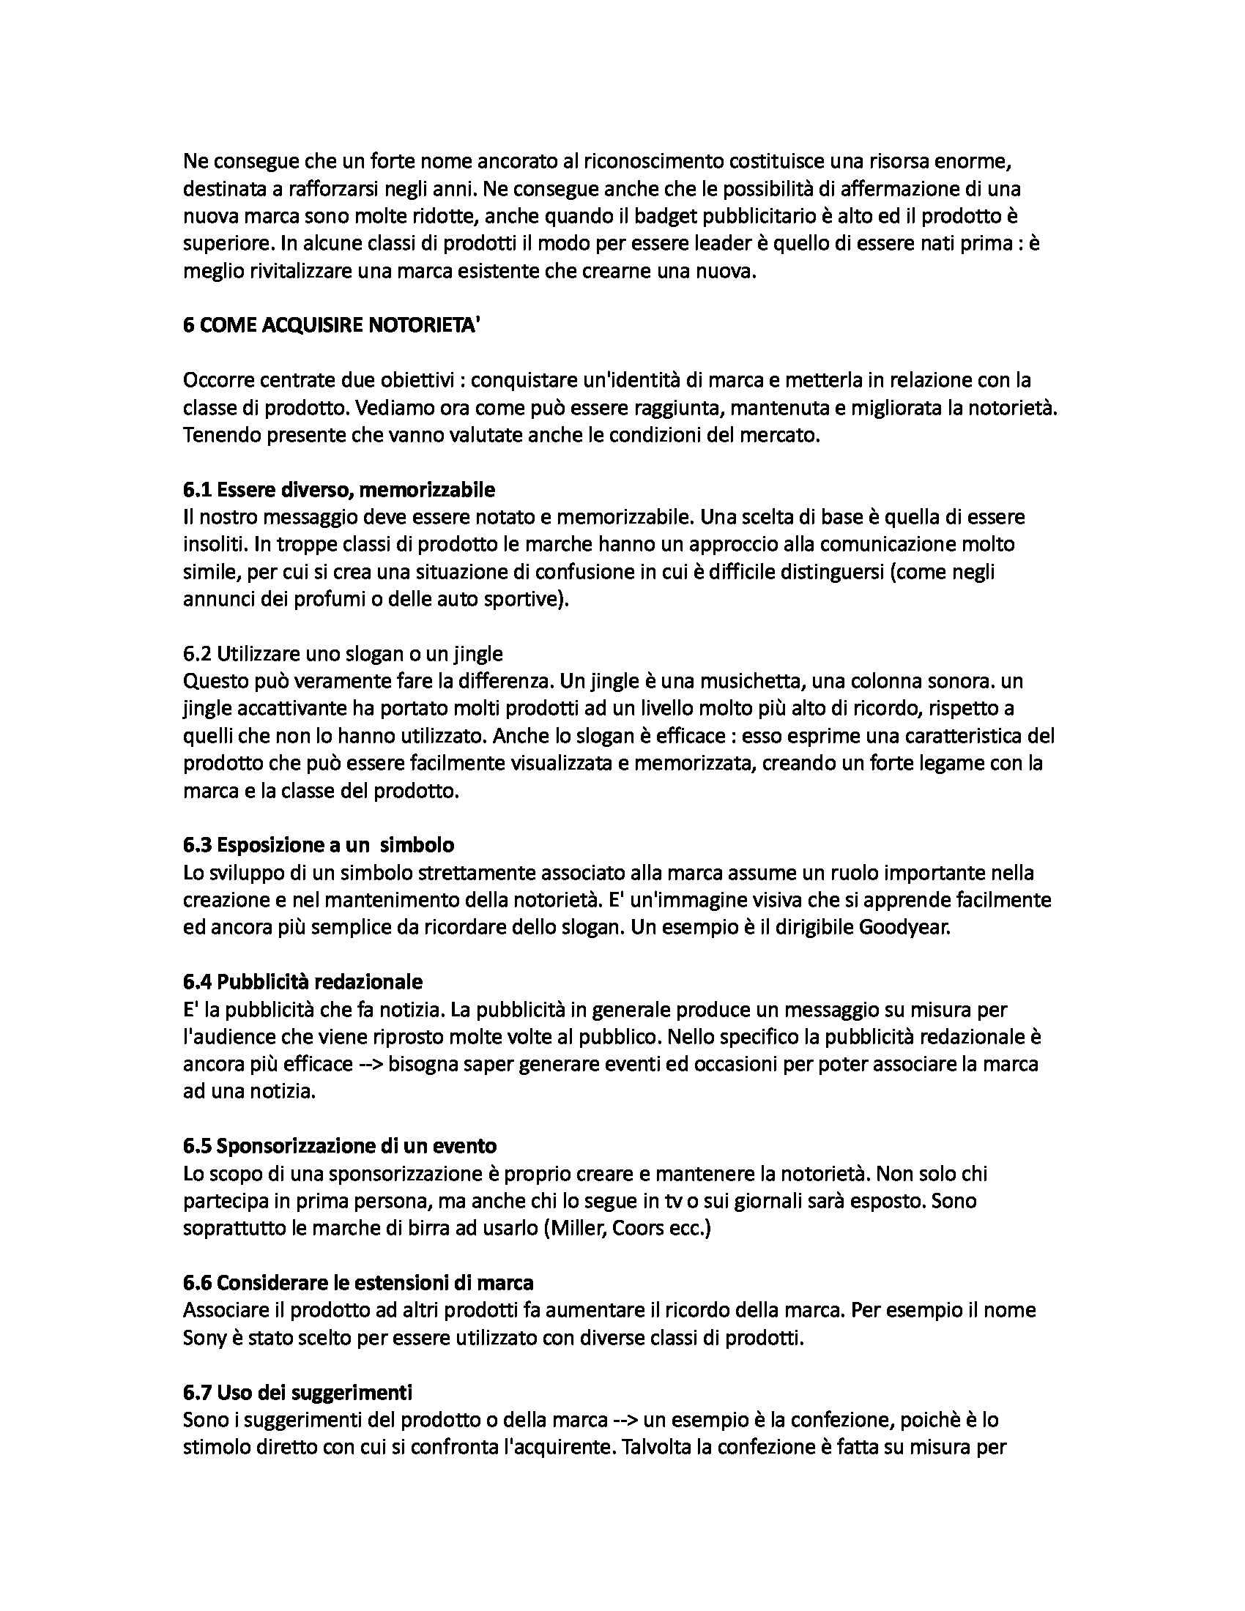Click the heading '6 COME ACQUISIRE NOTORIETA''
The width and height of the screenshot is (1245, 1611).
331,326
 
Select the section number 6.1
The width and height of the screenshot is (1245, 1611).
197,490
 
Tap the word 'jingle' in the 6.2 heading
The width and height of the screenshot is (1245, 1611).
478,653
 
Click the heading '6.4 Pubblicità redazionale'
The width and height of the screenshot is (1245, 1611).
302,982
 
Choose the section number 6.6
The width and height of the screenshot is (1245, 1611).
197,1282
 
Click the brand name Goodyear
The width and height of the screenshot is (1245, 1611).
904,927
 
